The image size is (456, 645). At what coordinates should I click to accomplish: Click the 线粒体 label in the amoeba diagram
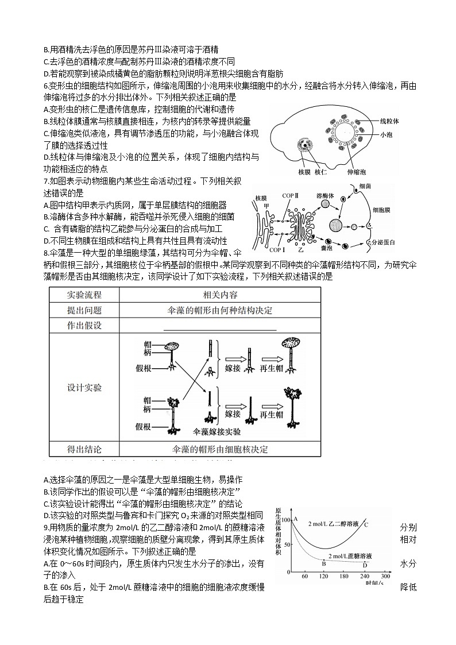pyautogui.click(x=389, y=121)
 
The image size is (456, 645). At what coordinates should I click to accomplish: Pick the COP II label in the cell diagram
pyautogui.click(x=291, y=195)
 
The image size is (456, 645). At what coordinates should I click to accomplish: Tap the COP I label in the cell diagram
pyautogui.click(x=277, y=250)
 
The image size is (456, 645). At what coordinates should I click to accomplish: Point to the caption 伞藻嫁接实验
pyautogui.click(x=218, y=431)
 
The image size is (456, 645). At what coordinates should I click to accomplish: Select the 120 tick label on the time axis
pyautogui.click(x=323, y=576)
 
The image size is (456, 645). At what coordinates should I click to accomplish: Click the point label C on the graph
pyautogui.click(x=366, y=524)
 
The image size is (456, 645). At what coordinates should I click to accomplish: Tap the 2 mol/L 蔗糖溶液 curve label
pyautogui.click(x=350, y=556)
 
